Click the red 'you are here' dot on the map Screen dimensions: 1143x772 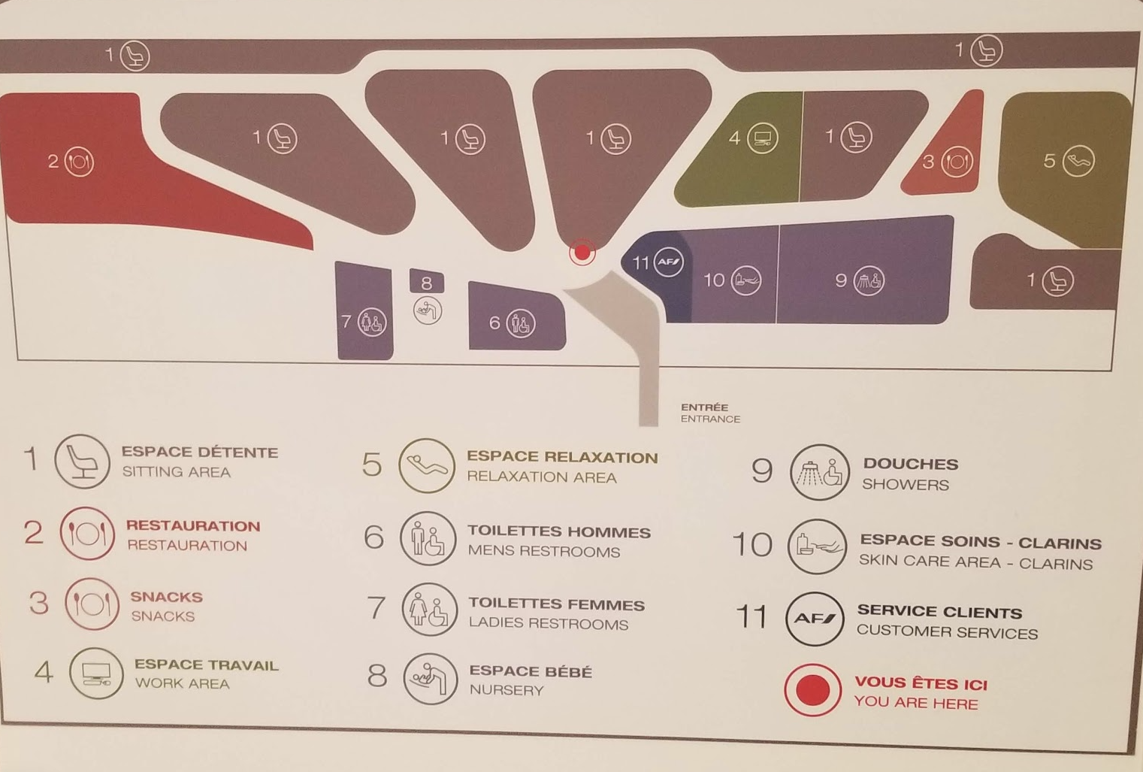click(x=582, y=253)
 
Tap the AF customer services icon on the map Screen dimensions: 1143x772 click(x=669, y=262)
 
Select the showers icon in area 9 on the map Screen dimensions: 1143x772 click(x=869, y=280)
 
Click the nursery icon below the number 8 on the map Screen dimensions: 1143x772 click(x=428, y=310)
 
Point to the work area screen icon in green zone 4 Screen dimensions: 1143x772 click(x=763, y=138)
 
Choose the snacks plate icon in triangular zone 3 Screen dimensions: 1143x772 click(x=957, y=162)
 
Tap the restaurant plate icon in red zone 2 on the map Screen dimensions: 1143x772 click(x=79, y=162)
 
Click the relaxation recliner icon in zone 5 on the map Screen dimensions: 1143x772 click(x=1078, y=161)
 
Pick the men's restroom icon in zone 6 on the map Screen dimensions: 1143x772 click(x=521, y=323)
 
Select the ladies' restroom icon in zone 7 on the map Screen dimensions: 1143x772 click(x=372, y=322)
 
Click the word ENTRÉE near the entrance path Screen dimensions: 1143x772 click(x=704, y=407)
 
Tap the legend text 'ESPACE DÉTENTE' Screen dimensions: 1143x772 click(x=199, y=453)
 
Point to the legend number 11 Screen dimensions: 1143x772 click(x=751, y=616)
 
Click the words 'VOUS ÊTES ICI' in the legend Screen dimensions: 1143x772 click(x=921, y=683)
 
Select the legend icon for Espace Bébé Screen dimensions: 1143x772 click(x=430, y=679)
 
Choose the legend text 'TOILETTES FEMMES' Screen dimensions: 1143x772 click(x=557, y=604)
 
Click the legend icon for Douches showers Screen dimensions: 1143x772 click(x=820, y=472)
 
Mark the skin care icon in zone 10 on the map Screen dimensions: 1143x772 click(x=746, y=280)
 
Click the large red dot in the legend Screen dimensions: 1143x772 click(x=812, y=690)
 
